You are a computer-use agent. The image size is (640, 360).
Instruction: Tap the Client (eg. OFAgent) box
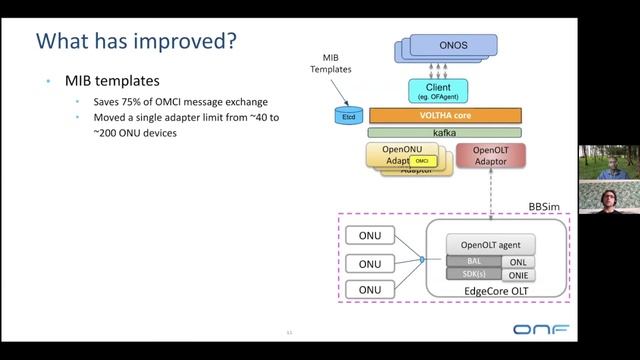click(x=438, y=92)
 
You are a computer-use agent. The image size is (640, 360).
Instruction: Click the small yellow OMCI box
click(x=422, y=160)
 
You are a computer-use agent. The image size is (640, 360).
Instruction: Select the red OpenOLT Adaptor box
click(x=489, y=155)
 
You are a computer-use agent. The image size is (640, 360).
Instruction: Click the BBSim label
click(x=546, y=206)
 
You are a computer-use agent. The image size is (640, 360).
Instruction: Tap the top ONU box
click(x=370, y=236)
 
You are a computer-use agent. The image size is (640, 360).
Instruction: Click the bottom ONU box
click(x=370, y=290)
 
